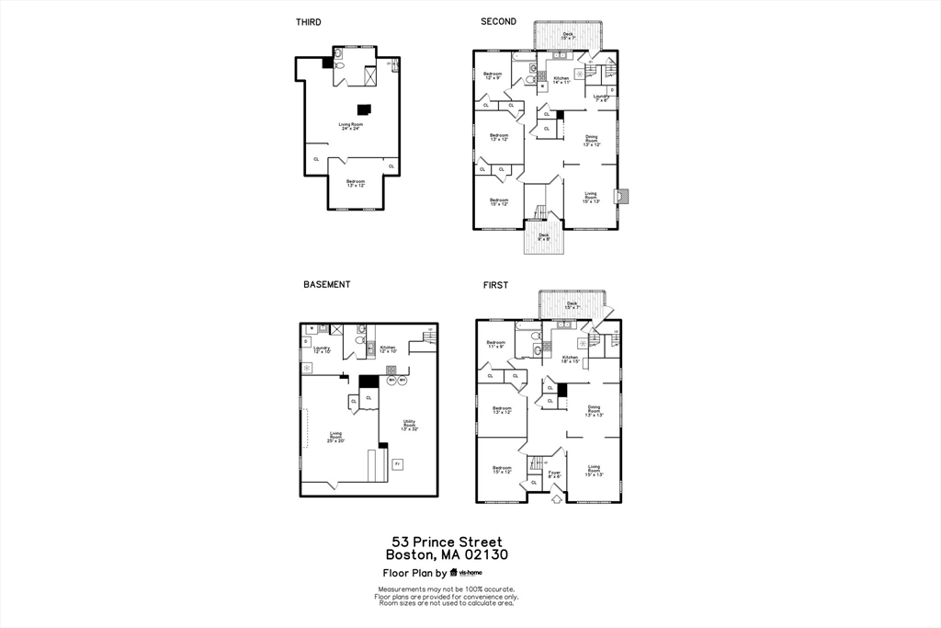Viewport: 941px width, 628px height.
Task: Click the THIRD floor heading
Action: [x=309, y=22]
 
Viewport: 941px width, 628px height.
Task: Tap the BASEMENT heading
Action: [x=327, y=285]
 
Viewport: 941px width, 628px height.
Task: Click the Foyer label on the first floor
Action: [x=554, y=474]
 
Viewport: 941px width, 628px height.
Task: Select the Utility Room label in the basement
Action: [x=409, y=425]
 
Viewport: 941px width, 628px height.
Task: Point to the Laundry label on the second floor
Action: [x=601, y=97]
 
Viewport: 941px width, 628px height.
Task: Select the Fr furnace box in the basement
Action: [x=397, y=464]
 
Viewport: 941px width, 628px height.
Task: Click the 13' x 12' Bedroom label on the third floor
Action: [x=356, y=184]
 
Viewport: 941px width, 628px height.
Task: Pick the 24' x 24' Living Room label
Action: [x=350, y=126]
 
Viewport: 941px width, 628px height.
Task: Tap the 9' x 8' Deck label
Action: [x=544, y=236]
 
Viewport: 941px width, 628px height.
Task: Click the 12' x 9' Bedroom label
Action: [x=493, y=75]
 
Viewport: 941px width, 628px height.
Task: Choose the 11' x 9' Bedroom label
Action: [x=495, y=345]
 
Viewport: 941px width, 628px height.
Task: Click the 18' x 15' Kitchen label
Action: [x=570, y=360]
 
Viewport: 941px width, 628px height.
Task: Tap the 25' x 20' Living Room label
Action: [x=336, y=438]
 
